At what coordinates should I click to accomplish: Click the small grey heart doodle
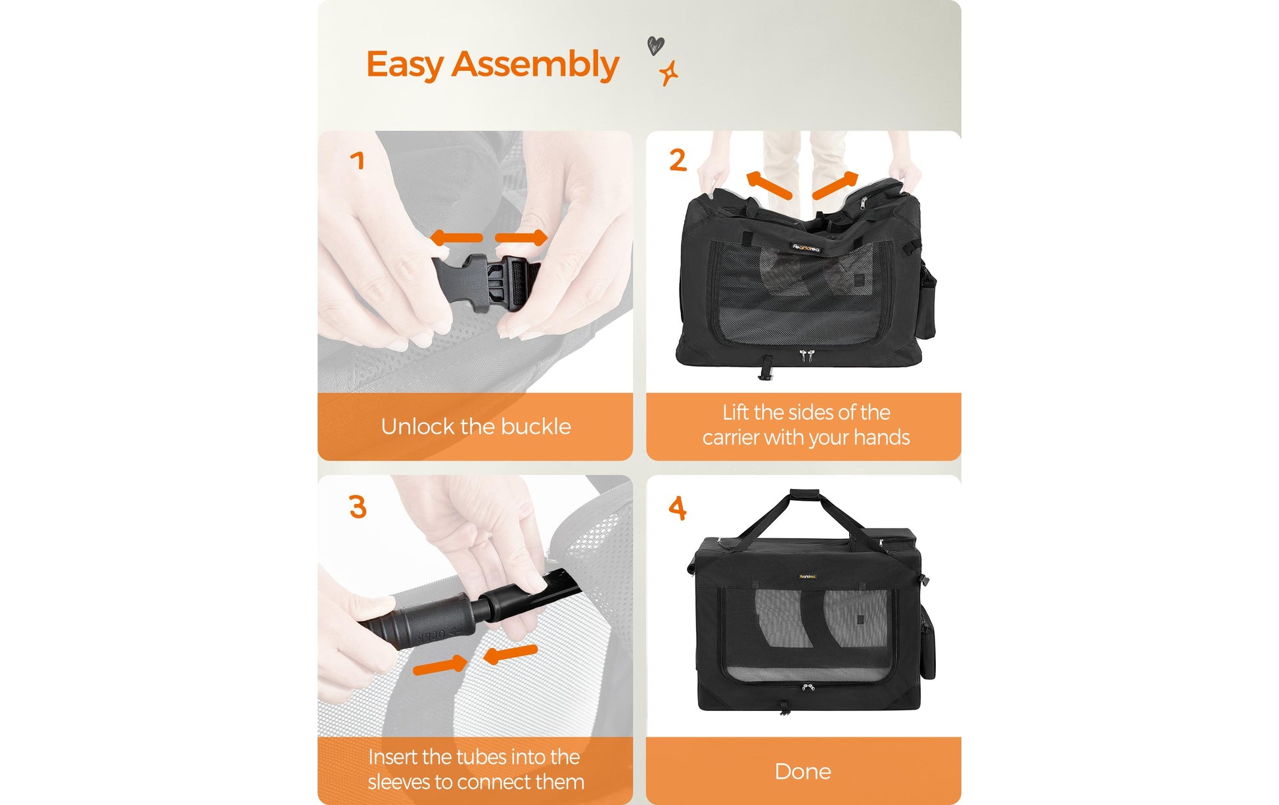tap(656, 45)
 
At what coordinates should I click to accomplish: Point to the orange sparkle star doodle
tap(669, 73)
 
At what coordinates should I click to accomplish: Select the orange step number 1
tap(358, 160)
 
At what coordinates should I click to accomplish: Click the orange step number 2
tap(678, 160)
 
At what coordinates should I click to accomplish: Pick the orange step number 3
tap(358, 507)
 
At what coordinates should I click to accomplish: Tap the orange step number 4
tap(678, 507)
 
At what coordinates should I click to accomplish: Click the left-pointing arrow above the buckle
tap(457, 238)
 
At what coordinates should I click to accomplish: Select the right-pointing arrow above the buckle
tap(521, 238)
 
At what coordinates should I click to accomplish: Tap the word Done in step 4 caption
tap(803, 771)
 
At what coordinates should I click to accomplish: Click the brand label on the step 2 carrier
tap(806, 248)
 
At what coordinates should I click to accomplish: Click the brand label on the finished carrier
tap(808, 576)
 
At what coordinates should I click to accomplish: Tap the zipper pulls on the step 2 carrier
tap(806, 356)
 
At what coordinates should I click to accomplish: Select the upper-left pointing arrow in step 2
tap(769, 184)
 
